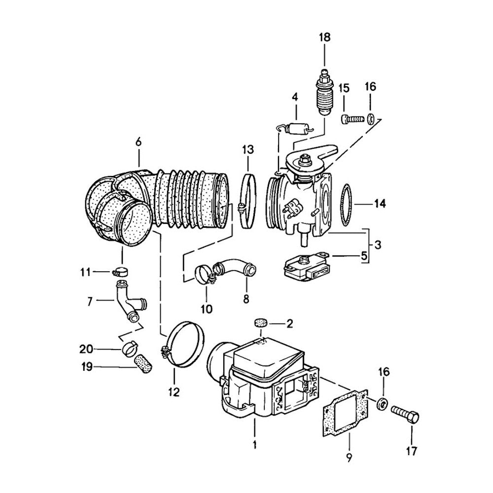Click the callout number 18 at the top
tap(324, 37)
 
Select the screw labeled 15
tap(351, 119)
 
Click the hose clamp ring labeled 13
tap(247, 202)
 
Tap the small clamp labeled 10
tap(203, 274)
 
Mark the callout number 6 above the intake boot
tap(139, 141)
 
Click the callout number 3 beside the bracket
tap(377, 245)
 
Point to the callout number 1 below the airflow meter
tap(255, 445)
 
